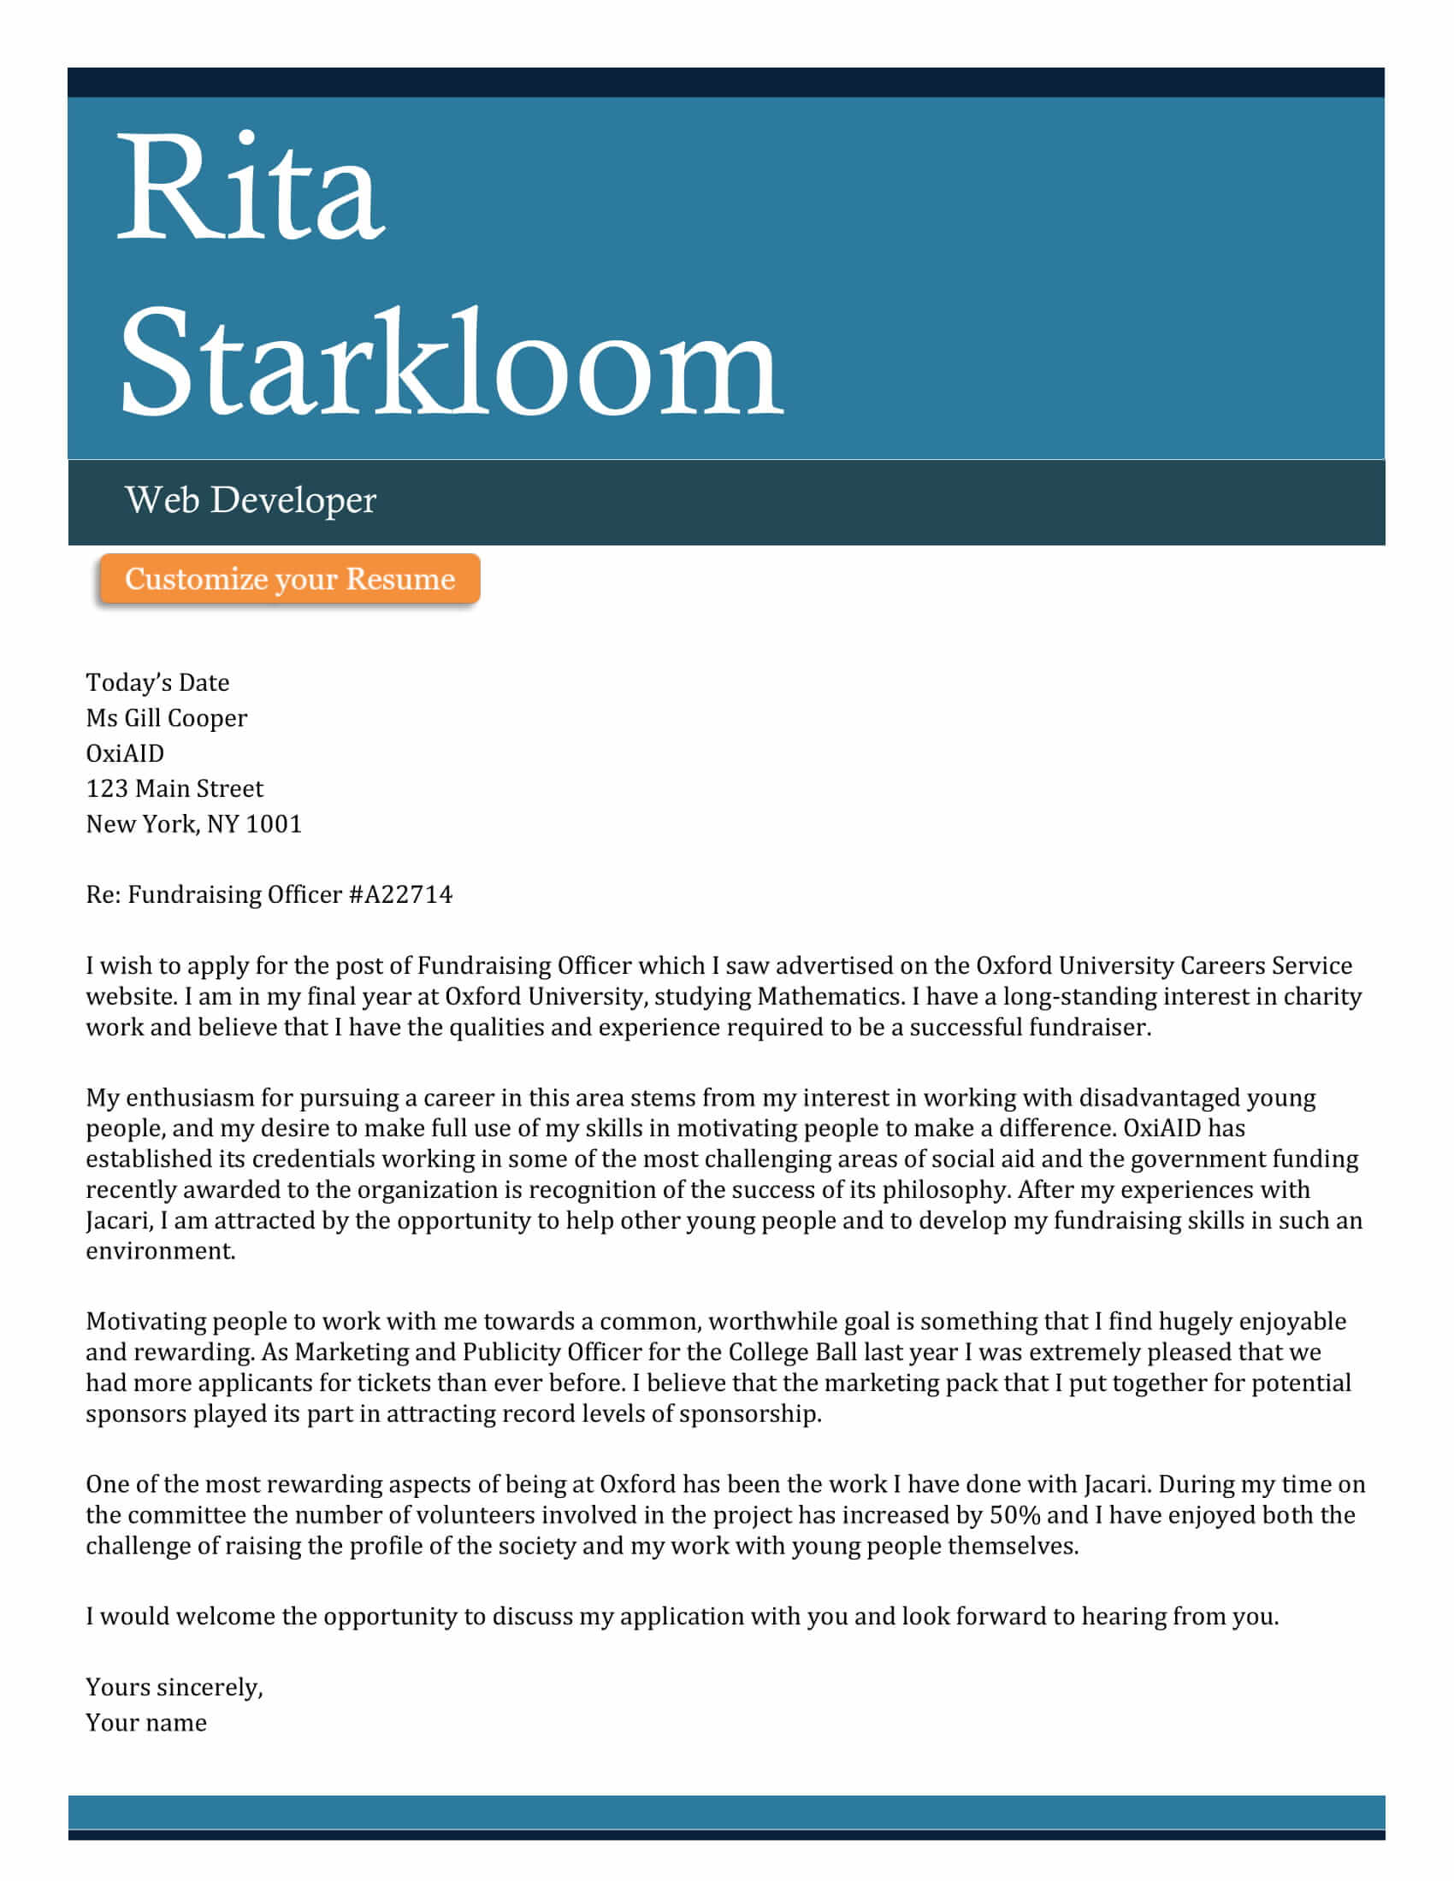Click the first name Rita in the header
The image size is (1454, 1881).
tap(250, 188)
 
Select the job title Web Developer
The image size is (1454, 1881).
tap(250, 500)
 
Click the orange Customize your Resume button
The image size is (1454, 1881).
tap(289, 579)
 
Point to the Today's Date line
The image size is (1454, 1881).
tap(157, 682)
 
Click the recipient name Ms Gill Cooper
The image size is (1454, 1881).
tap(166, 717)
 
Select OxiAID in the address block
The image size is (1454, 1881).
tap(125, 752)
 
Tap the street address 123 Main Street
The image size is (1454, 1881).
tap(174, 788)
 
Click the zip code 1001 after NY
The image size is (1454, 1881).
tap(274, 824)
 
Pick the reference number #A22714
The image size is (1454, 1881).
tap(400, 895)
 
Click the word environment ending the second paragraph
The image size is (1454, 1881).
tap(160, 1251)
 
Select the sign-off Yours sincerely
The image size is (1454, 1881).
tap(174, 1686)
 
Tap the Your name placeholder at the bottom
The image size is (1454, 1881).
tap(145, 1723)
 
